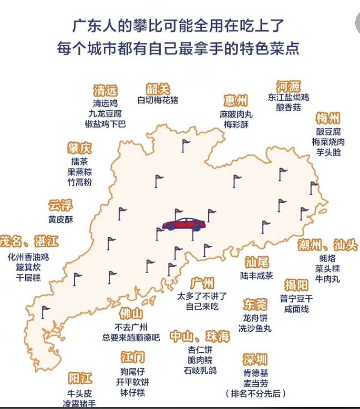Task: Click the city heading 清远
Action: pyautogui.click(x=105, y=90)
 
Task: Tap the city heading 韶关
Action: pyautogui.click(x=158, y=89)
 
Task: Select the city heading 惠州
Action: pyautogui.click(x=236, y=101)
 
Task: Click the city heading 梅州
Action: pyautogui.click(x=328, y=118)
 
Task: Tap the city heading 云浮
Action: pyautogui.click(x=61, y=206)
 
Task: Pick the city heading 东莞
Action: pyautogui.click(x=255, y=304)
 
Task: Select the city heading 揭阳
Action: pyautogui.click(x=296, y=285)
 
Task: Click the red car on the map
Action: pyautogui.click(x=184, y=224)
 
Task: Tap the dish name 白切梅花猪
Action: pyautogui.click(x=158, y=101)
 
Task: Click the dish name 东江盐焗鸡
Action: pyautogui.click(x=288, y=97)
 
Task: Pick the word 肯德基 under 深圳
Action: pyautogui.click(x=255, y=373)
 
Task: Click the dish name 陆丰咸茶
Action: pyautogui.click(x=257, y=275)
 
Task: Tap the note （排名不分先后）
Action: pyautogui.click(x=256, y=394)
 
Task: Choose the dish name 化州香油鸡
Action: pyautogui.click(x=28, y=257)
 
